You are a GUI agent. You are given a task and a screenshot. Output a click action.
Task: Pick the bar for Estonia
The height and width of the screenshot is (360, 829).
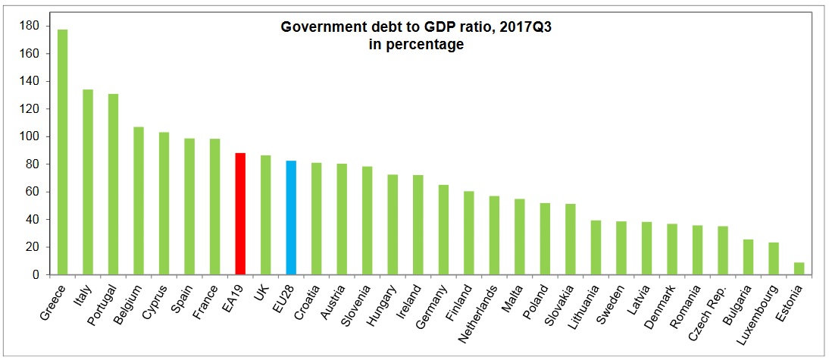[x=799, y=268]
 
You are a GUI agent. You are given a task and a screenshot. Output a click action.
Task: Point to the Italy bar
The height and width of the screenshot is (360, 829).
[x=88, y=182]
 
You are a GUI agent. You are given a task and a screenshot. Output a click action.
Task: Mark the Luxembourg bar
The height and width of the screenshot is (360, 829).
[x=774, y=258]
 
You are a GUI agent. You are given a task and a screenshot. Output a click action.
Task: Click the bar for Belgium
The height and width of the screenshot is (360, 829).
[x=139, y=201]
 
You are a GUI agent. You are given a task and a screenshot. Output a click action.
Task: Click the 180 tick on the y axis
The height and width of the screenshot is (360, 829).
[x=30, y=27]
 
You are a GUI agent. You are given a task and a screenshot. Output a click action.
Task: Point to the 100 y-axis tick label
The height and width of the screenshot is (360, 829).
[x=30, y=137]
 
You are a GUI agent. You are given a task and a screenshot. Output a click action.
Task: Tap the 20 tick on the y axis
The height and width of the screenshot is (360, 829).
[x=33, y=247]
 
